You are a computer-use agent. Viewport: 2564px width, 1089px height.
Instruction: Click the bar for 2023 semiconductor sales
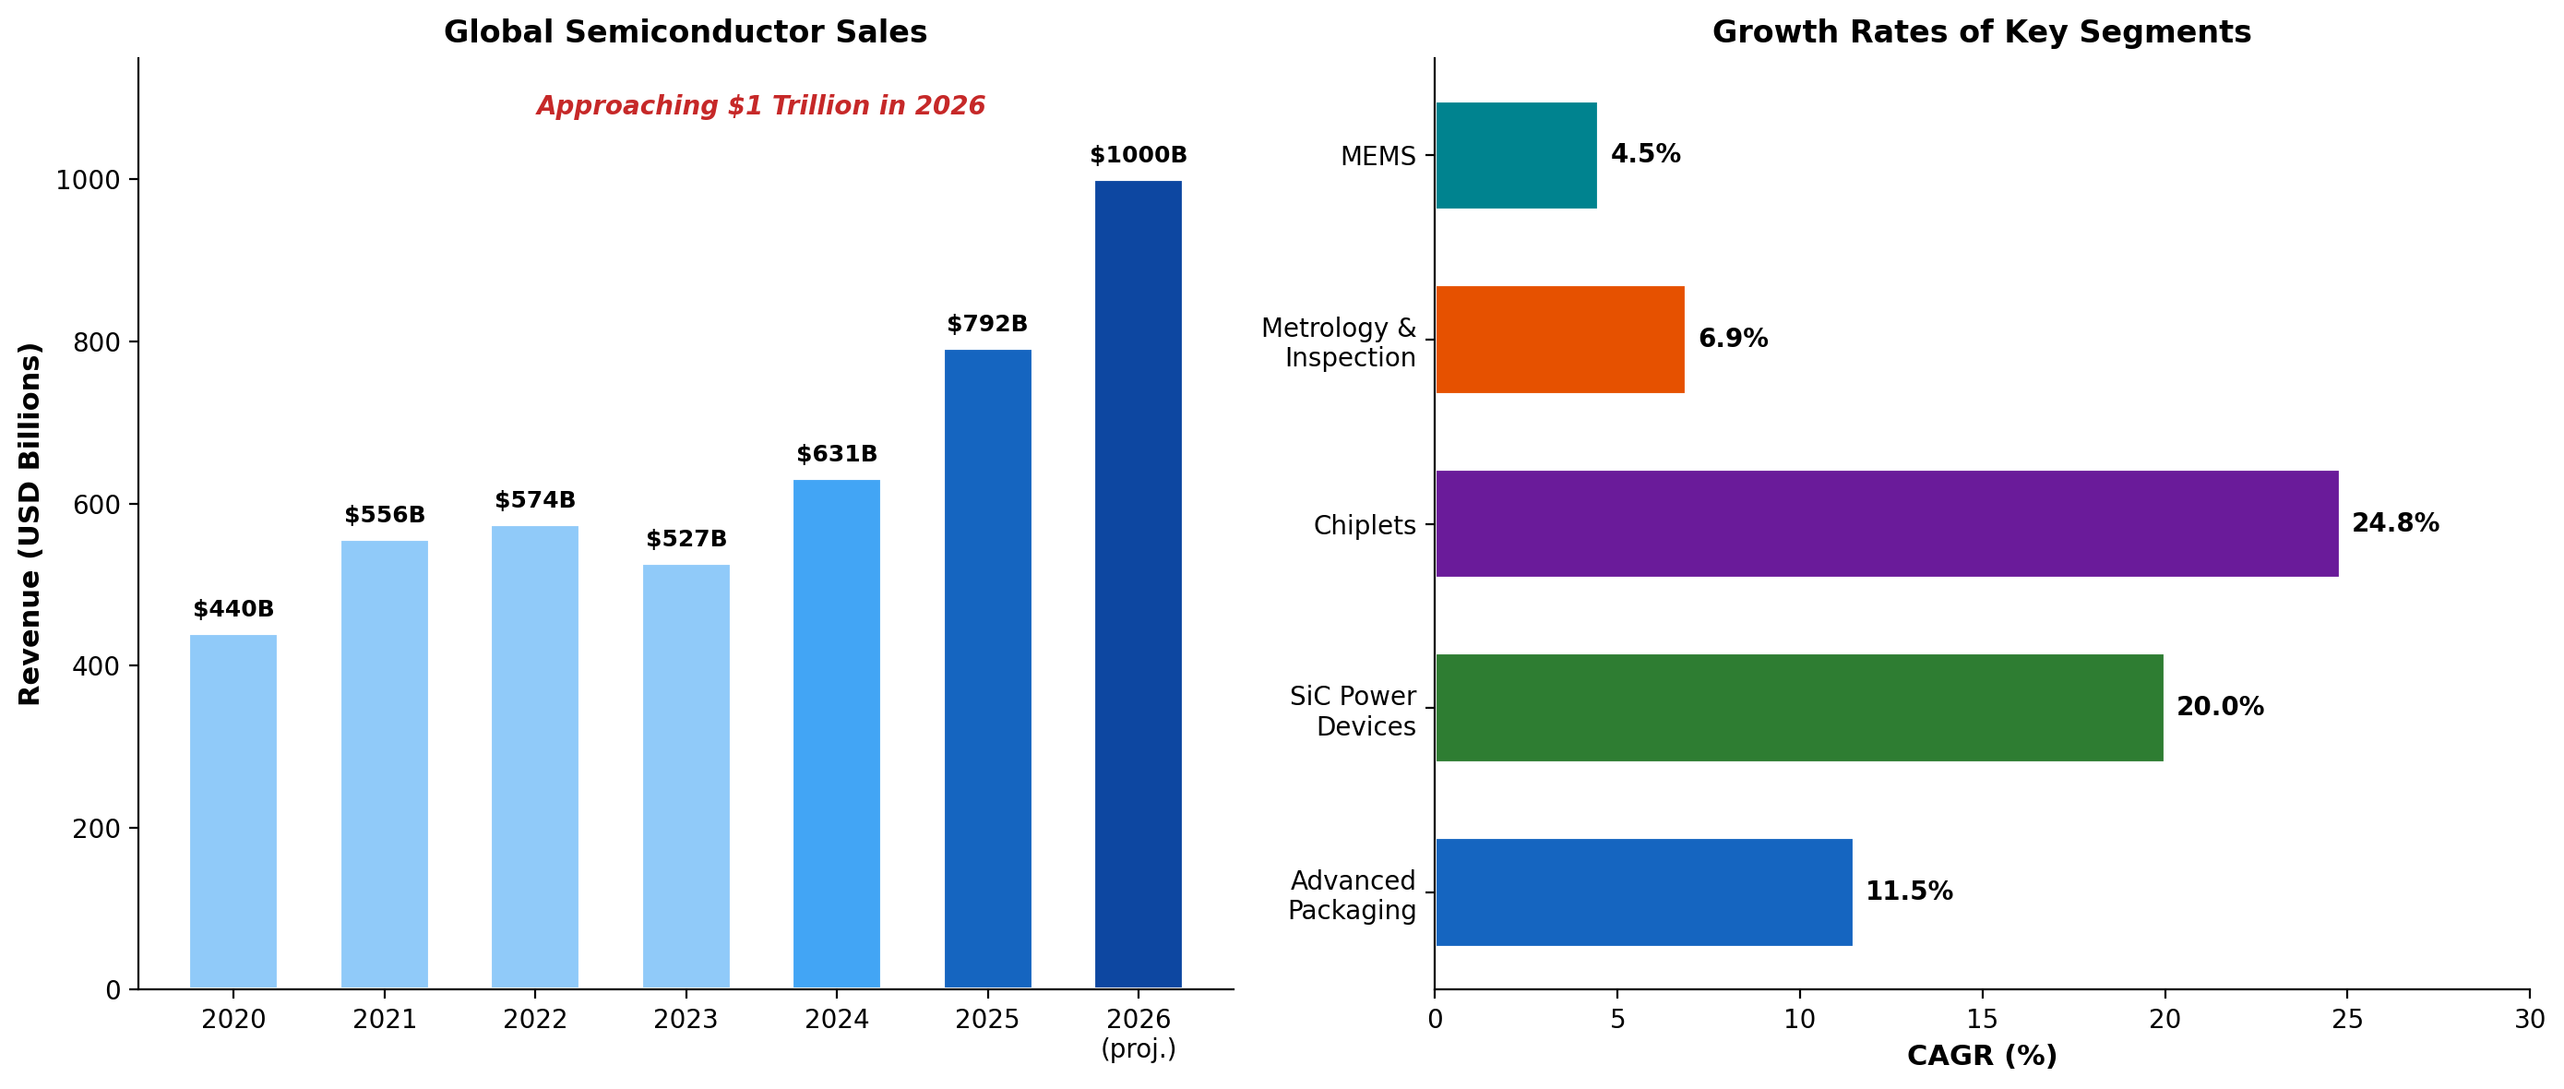[x=686, y=776]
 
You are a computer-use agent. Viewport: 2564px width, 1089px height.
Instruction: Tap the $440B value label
[x=233, y=609]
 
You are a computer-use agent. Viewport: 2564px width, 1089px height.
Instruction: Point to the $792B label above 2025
[x=986, y=324]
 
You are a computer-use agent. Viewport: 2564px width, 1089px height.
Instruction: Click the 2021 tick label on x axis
[x=384, y=1019]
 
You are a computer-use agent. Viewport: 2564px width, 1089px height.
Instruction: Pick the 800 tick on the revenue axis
[x=96, y=342]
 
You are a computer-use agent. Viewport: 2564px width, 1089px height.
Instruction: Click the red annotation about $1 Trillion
[x=760, y=105]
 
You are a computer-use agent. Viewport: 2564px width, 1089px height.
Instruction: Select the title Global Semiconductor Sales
[x=685, y=32]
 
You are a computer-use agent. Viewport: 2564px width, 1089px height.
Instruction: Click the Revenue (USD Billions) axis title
[x=30, y=523]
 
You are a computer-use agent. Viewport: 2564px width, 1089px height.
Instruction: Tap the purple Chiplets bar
[x=1886, y=523]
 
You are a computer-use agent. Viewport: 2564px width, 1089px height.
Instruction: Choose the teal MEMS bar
[x=1516, y=155]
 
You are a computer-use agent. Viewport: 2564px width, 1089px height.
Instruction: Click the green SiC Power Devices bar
[x=1798, y=708]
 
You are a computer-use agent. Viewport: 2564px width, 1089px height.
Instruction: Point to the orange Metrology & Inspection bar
[x=1559, y=340]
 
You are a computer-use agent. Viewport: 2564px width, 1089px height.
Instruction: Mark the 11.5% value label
[x=1908, y=891]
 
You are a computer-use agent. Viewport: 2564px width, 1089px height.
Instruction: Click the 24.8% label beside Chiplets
[x=2395, y=522]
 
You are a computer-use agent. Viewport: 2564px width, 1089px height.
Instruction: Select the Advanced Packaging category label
[x=1352, y=895]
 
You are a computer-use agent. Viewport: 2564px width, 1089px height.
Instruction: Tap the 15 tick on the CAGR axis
[x=1982, y=1019]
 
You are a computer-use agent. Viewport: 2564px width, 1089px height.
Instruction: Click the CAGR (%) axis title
[x=1981, y=1056]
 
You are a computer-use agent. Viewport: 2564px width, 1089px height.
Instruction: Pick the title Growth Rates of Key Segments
[x=1981, y=32]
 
